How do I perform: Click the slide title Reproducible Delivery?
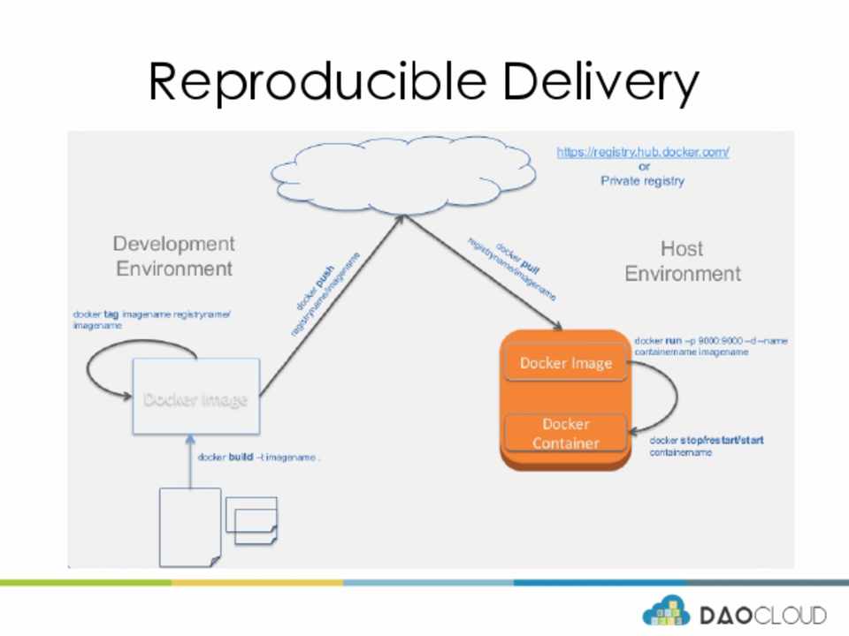tap(424, 82)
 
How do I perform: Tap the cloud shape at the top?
tap(403, 174)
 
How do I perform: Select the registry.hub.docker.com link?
tap(643, 152)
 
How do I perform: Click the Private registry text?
tap(643, 181)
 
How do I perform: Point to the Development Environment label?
tap(174, 256)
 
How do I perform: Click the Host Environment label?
tap(683, 261)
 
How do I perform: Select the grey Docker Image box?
tap(195, 397)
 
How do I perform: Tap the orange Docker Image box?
tap(565, 363)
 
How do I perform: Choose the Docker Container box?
tap(565, 433)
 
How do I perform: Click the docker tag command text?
tap(151, 319)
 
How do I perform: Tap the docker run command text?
tap(710, 345)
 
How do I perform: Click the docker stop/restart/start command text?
tap(706, 445)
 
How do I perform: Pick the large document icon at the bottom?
tap(189, 526)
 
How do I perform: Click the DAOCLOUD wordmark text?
tap(762, 615)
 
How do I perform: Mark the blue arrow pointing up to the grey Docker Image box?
tap(190, 461)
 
